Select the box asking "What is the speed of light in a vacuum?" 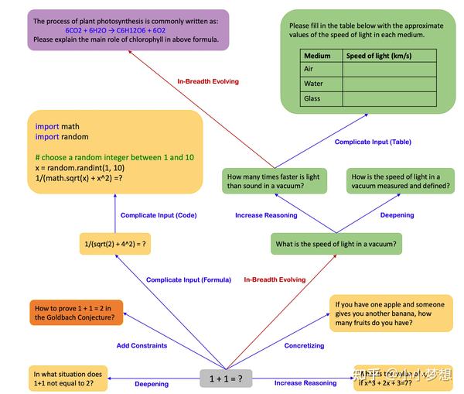(336, 245)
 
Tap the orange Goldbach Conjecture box (75, 312)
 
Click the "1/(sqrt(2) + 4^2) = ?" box (115, 245)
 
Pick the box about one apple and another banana (391, 313)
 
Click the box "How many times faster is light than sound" (273, 181)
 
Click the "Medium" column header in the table (317, 56)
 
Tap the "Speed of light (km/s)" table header (378, 56)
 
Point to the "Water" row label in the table (314, 84)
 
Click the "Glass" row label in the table (312, 98)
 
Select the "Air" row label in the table (309, 69)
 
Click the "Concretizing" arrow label (304, 346)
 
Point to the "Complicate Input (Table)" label (374, 142)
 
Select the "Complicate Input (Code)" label (158, 215)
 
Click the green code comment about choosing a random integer (114, 157)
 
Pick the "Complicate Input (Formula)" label (189, 280)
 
